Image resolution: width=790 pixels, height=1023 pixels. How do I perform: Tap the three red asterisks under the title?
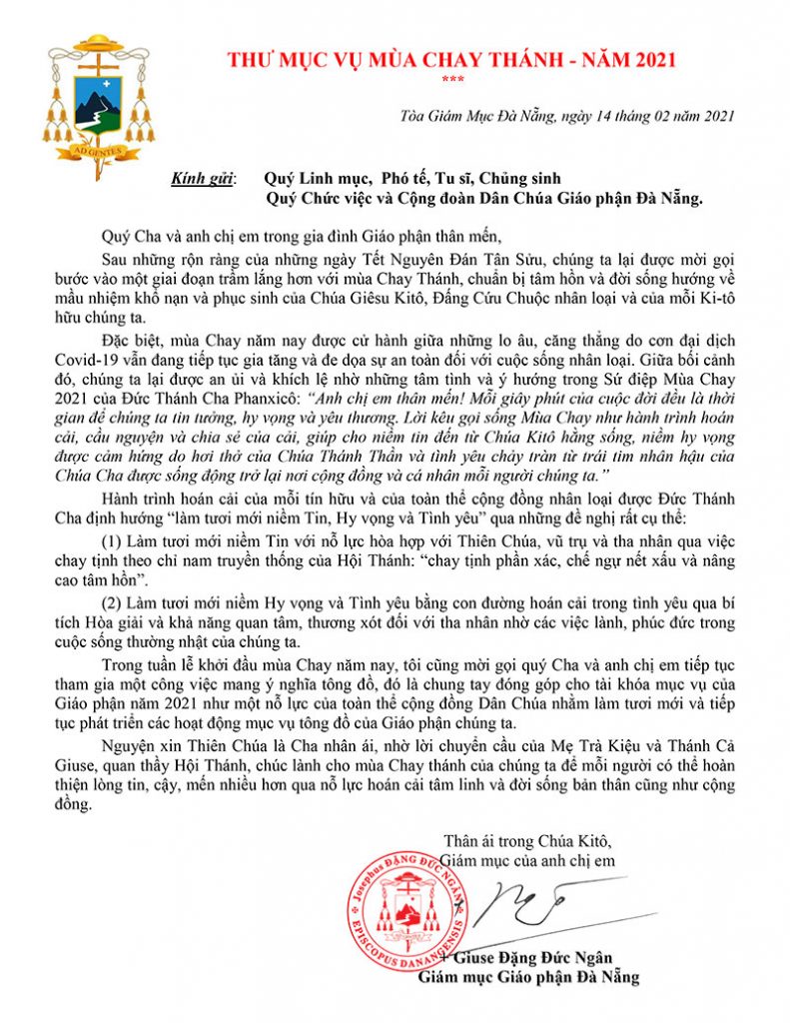pyautogui.click(x=453, y=80)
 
